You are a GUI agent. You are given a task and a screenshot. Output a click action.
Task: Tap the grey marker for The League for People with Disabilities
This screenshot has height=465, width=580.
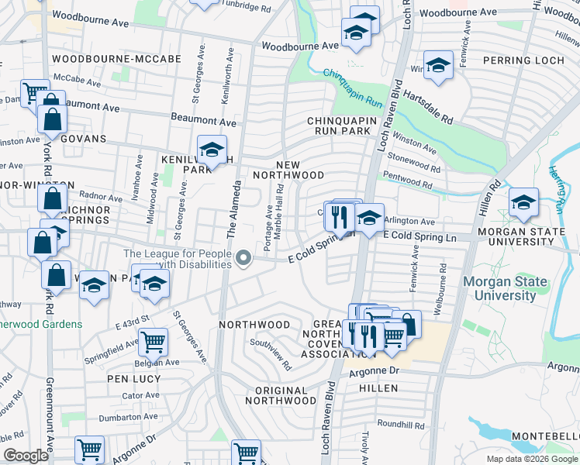tap(244, 258)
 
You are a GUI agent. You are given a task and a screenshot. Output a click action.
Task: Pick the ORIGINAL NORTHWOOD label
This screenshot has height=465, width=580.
tap(281, 395)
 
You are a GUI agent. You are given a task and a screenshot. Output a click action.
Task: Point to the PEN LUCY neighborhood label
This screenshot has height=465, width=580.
tap(134, 379)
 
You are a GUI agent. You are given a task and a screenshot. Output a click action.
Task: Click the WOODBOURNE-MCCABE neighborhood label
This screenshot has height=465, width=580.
tap(116, 59)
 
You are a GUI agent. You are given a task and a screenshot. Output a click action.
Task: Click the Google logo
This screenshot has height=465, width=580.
tap(26, 455)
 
